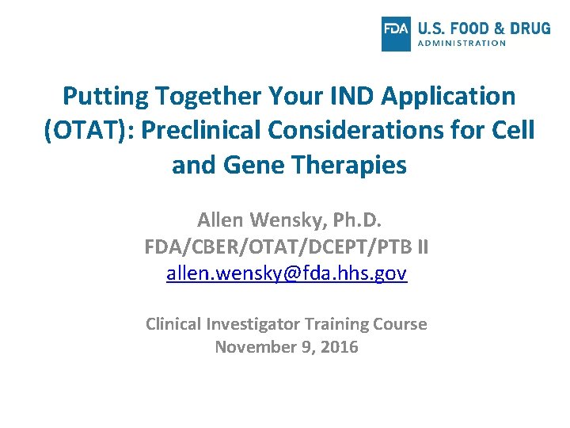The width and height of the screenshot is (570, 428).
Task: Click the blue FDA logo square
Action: click(396, 33)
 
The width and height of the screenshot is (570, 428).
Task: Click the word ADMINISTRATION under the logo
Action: click(461, 43)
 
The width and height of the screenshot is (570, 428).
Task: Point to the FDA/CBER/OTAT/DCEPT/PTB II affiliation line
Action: click(287, 247)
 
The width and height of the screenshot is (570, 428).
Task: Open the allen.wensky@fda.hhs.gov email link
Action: click(287, 274)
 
